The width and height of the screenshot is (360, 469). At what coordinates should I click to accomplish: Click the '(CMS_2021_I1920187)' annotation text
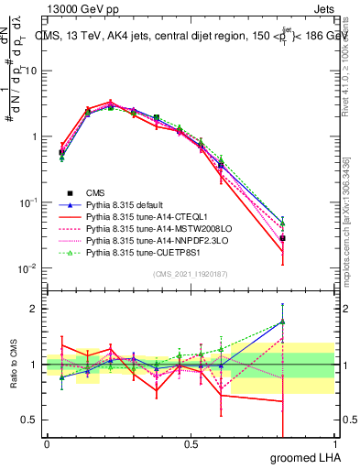(x=190, y=275)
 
